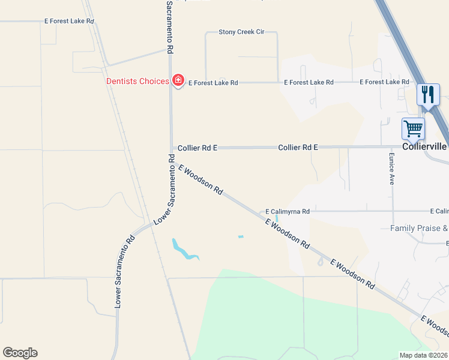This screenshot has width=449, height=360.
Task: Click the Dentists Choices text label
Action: point(137,81)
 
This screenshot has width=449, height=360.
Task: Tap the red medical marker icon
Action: point(178,80)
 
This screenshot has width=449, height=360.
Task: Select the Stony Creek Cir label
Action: point(241,31)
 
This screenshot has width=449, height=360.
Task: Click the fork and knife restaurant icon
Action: point(428,95)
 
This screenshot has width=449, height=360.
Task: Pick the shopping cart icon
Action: point(413,128)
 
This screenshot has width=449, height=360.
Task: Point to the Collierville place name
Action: point(426,146)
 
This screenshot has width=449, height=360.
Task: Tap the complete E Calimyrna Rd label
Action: point(288,211)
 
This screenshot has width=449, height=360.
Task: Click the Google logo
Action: point(20,353)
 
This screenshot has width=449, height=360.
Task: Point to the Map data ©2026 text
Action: point(424,355)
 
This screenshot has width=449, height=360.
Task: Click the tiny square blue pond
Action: point(241,236)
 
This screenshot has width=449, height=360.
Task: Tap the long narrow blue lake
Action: point(184,250)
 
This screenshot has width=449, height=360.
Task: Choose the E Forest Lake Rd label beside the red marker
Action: point(213,83)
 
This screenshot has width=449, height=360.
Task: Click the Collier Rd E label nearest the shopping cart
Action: point(298,147)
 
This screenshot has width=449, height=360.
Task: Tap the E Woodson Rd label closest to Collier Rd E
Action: point(200,180)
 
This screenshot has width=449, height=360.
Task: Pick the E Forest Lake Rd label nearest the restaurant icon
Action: point(384,82)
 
